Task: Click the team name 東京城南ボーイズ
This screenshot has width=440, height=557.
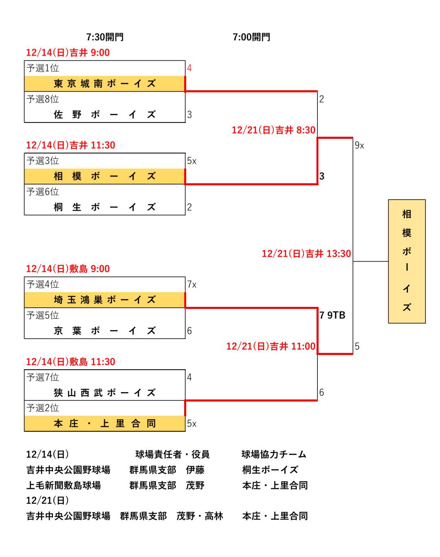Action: (x=105, y=84)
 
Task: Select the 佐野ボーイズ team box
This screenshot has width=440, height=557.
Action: (x=105, y=115)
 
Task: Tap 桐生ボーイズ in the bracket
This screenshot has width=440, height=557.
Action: (x=105, y=207)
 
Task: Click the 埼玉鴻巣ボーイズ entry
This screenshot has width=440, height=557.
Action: (x=105, y=300)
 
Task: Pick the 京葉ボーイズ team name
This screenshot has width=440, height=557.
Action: (x=105, y=331)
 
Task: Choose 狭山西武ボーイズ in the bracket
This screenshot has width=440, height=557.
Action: (x=105, y=393)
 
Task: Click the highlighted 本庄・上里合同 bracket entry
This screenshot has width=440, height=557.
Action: (x=105, y=424)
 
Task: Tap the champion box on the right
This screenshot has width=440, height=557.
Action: (x=407, y=261)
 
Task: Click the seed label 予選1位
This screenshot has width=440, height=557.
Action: (x=43, y=68)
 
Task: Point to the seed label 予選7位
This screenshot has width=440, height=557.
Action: (x=43, y=377)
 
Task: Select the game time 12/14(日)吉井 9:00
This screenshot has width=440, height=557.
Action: (x=68, y=53)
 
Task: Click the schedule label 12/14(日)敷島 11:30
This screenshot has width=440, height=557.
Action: (x=70, y=362)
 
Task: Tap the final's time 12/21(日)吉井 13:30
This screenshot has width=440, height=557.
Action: (x=306, y=254)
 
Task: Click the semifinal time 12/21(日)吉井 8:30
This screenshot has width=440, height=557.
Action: (x=273, y=130)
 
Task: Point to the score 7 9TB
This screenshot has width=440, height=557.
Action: (x=332, y=315)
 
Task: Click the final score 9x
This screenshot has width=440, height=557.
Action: (x=359, y=145)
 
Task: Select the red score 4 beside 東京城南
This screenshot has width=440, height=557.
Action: (x=189, y=68)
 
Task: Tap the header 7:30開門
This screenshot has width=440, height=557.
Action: (x=105, y=37)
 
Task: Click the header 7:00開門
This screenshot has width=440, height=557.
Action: (x=251, y=37)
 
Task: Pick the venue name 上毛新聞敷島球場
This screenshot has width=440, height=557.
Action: (x=64, y=486)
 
